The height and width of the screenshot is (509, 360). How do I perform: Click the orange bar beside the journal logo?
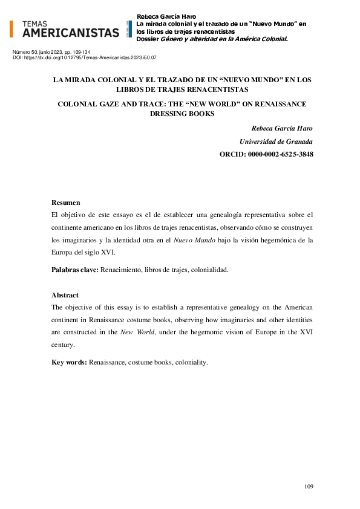(11, 28)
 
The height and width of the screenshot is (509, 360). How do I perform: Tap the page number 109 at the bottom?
(308, 487)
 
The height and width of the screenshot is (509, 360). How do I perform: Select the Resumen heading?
(66, 203)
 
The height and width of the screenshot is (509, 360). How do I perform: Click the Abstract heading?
(65, 295)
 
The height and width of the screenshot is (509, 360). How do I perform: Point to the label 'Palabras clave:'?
(75, 270)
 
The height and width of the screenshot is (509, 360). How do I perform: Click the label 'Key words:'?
(70, 362)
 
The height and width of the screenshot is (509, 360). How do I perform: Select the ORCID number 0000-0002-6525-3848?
(280, 155)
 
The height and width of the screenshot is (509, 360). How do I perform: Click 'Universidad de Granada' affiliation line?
(277, 141)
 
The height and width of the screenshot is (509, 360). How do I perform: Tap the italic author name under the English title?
(282, 128)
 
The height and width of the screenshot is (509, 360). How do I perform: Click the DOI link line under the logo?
(85, 57)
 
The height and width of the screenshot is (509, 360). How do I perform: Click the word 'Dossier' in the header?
(148, 39)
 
